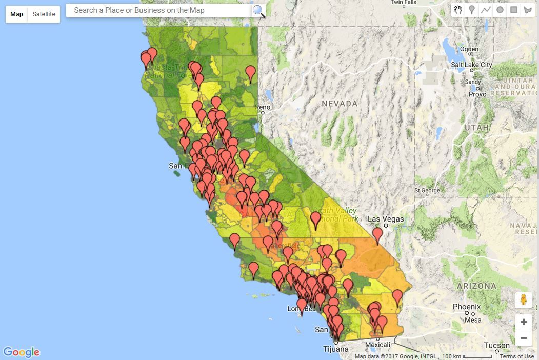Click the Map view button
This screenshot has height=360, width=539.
pos(17,14)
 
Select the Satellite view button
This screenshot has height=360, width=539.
pos(44,14)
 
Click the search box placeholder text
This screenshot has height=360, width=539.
pos(139,10)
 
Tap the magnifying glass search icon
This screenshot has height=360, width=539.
pos(259,11)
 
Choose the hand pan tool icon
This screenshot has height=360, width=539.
pos(458,10)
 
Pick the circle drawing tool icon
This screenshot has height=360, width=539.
pos(500,10)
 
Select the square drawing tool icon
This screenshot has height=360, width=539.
pos(513,10)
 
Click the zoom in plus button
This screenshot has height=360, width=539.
pos(524,322)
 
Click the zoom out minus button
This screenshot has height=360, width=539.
pos(524,338)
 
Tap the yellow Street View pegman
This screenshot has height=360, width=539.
pos(524,300)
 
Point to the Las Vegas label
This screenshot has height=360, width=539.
pos(386,219)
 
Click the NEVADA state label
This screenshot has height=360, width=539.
pos(340,104)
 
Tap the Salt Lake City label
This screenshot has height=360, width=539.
pos(471,65)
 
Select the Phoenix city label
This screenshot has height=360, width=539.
pos(467,307)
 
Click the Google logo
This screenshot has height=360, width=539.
pos(22,352)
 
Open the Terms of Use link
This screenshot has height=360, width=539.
pos(516,356)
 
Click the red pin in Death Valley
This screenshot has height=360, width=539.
pos(315,220)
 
